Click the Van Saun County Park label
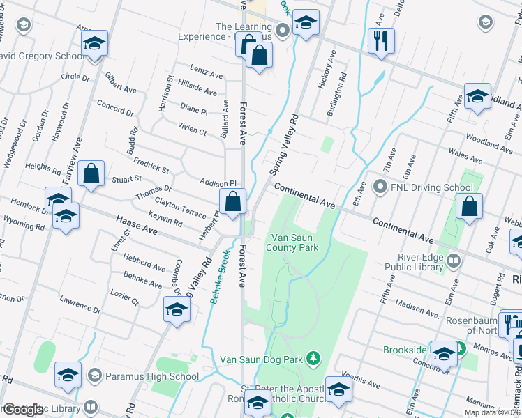point(294,242)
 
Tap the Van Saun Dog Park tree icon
point(314,358)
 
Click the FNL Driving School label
point(431,187)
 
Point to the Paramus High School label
point(152,377)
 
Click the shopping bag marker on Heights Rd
point(91,175)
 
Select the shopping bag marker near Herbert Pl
point(233,202)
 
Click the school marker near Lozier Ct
point(177,309)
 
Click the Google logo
point(23,410)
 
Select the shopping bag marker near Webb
point(469,207)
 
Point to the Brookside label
point(404,350)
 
